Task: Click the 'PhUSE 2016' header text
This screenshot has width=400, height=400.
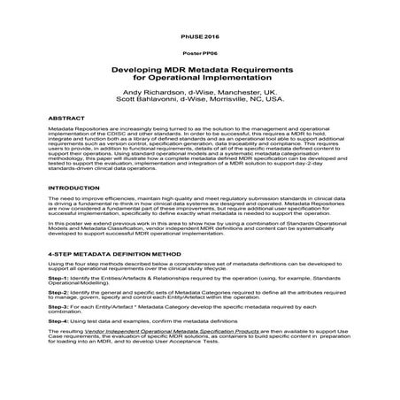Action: coord(199,36)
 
